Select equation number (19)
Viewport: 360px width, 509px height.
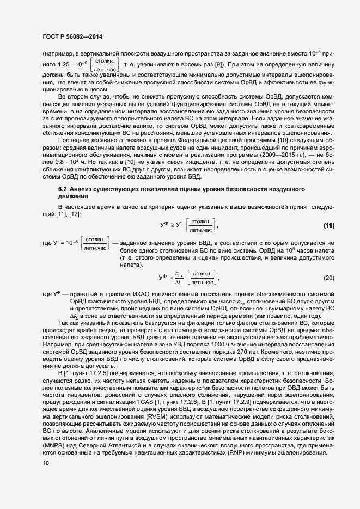[328, 225]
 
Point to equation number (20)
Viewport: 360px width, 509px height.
[328, 278]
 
